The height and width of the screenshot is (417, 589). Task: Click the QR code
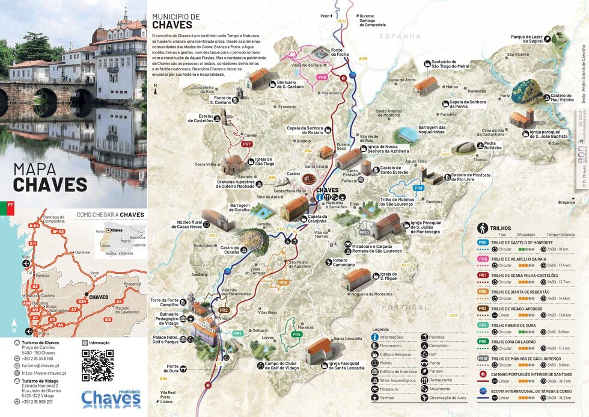click(x=97, y=365)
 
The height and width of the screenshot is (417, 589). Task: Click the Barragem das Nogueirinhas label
click(x=432, y=130)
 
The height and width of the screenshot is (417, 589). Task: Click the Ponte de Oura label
click(x=172, y=368)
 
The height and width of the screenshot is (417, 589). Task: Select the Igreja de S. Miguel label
click(x=388, y=277)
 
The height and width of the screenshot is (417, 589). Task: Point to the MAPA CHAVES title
click(x=50, y=178)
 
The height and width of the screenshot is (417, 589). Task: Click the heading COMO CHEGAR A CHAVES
click(x=110, y=215)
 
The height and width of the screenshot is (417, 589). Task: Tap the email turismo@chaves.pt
click(x=41, y=365)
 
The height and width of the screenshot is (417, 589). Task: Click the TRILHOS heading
click(x=501, y=229)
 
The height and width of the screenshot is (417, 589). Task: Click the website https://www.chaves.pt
click(x=44, y=373)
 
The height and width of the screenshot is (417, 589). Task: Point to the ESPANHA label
click(x=400, y=37)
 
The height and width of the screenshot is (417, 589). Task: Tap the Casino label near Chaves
click(x=293, y=174)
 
